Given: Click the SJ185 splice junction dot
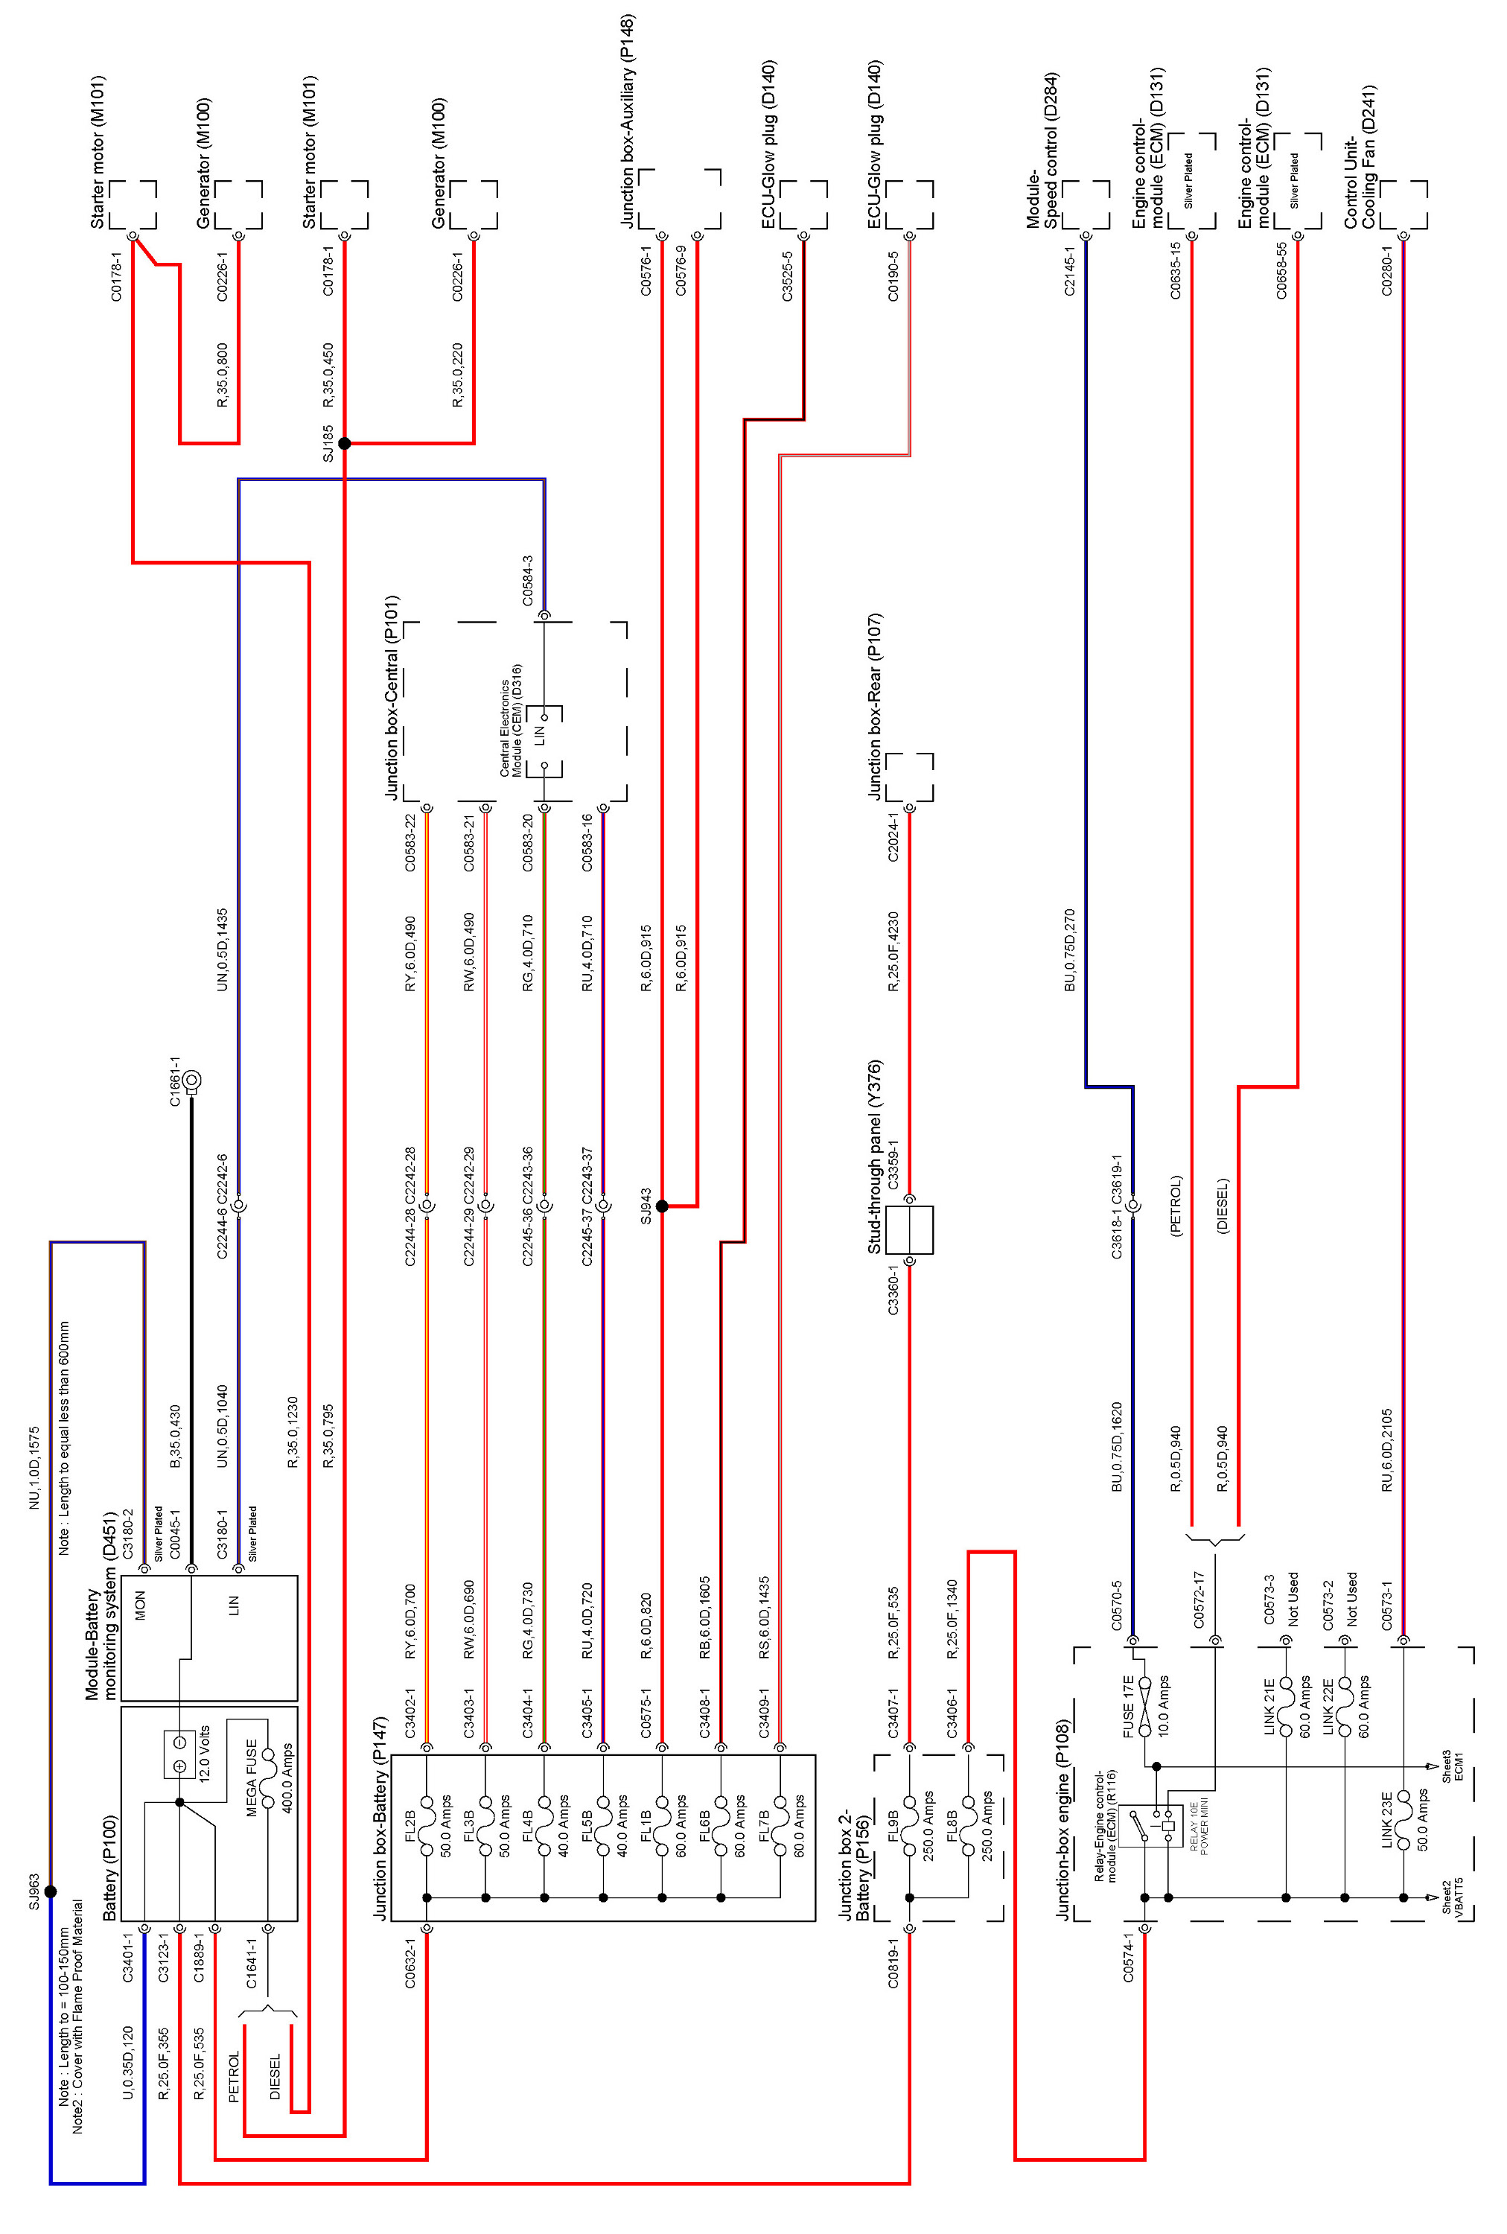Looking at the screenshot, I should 344,443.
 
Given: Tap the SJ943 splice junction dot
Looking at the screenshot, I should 661,1206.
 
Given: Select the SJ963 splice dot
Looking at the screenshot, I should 51,1891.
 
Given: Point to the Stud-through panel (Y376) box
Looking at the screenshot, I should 909,1229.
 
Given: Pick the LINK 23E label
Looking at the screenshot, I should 1388,1820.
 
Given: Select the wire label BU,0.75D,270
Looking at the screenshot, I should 1070,949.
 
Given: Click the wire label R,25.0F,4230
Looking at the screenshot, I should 893,952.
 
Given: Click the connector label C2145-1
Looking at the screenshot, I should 1070,270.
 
